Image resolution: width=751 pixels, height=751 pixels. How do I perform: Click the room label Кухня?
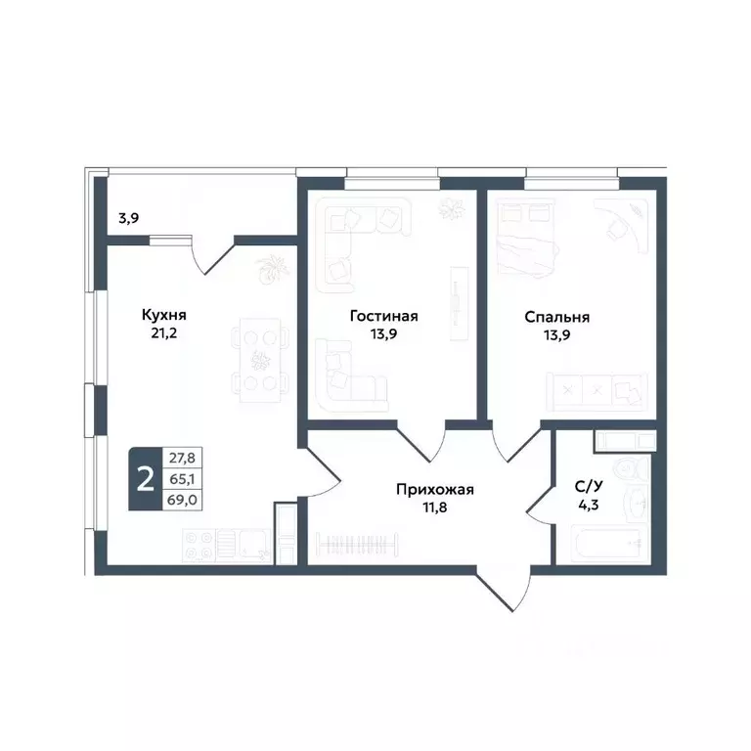pos(164,316)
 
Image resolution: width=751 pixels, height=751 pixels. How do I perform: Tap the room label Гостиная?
pos(384,316)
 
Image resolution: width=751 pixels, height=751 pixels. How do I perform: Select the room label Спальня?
pos(556,316)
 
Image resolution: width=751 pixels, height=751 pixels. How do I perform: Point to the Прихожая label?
pos(435,490)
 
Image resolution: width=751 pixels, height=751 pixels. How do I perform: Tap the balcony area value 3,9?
pos(129,219)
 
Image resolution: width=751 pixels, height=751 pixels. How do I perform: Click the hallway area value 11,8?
pos(435,508)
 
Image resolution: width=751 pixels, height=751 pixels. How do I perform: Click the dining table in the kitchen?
pos(261,358)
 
